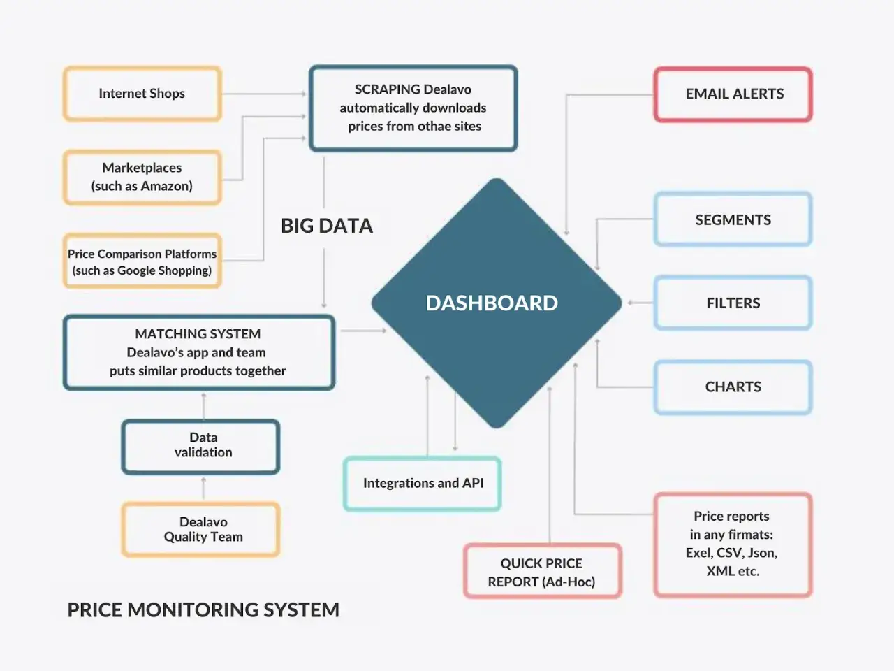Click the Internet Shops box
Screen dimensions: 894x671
(142, 94)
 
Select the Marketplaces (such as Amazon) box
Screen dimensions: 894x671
(142, 178)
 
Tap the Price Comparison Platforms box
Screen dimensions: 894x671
(142, 261)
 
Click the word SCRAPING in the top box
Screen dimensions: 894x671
(387, 89)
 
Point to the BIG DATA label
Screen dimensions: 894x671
(327, 226)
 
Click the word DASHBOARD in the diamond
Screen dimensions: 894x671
(492, 303)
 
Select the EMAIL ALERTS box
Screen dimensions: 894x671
(733, 94)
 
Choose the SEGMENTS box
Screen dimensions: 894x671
(733, 219)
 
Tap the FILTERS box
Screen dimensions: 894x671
(733, 303)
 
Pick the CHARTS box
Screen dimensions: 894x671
(733, 387)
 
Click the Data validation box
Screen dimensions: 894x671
(200, 447)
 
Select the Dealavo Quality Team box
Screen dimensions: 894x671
(200, 530)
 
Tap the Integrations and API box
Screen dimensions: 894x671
(423, 484)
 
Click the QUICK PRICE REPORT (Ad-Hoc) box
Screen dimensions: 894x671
(543, 571)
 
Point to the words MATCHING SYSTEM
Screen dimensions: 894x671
(198, 334)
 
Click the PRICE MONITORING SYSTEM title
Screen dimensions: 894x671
(203, 610)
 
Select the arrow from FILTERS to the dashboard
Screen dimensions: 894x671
(640, 303)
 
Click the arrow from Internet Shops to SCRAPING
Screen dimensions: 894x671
(264, 94)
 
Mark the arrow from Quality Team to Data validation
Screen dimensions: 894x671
(204, 488)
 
